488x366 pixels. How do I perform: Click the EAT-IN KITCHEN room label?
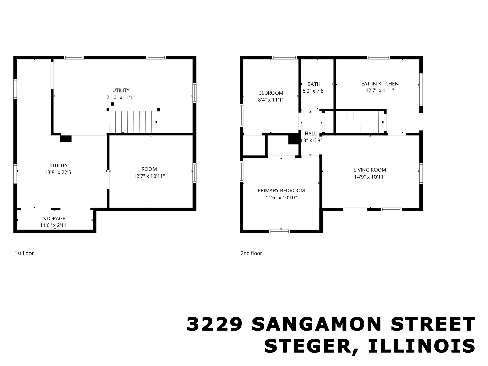[380, 84]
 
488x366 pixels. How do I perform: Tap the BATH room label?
[314, 84]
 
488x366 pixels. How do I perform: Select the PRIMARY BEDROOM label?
[281, 190]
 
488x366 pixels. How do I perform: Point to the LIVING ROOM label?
[370, 170]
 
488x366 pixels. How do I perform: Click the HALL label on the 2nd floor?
[310, 134]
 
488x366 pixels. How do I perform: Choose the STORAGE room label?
[54, 218]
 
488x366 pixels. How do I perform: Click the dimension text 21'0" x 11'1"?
[121, 97]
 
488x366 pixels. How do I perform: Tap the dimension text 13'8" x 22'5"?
[59, 172]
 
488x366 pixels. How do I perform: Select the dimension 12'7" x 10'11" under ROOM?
[149, 176]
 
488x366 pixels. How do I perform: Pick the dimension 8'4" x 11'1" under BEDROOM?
[270, 100]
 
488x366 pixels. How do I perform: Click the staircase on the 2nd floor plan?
[360, 122]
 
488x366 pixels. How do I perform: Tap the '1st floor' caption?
[24, 253]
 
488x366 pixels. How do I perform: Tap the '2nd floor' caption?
[251, 253]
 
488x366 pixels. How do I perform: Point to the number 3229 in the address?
[215, 324]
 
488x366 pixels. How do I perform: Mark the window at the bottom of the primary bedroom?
[280, 231]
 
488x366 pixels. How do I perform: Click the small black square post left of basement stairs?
[113, 104]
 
